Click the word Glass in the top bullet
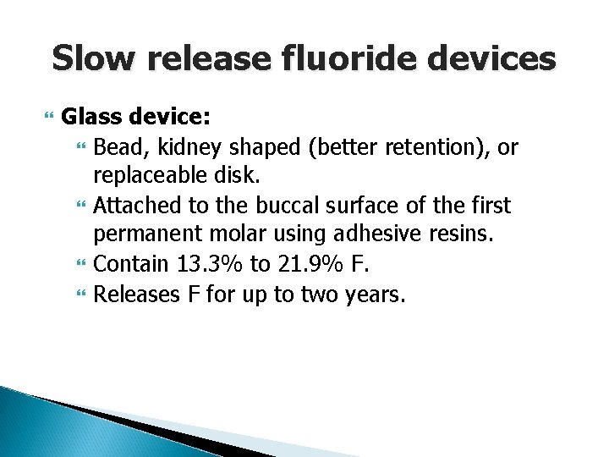coord(90,114)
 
